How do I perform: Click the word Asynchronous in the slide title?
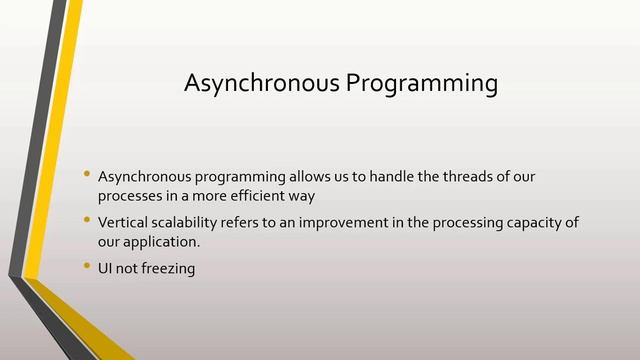click(x=262, y=84)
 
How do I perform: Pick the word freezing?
click(x=170, y=267)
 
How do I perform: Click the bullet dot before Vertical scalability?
click(x=88, y=220)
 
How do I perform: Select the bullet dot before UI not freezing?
click(x=88, y=265)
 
